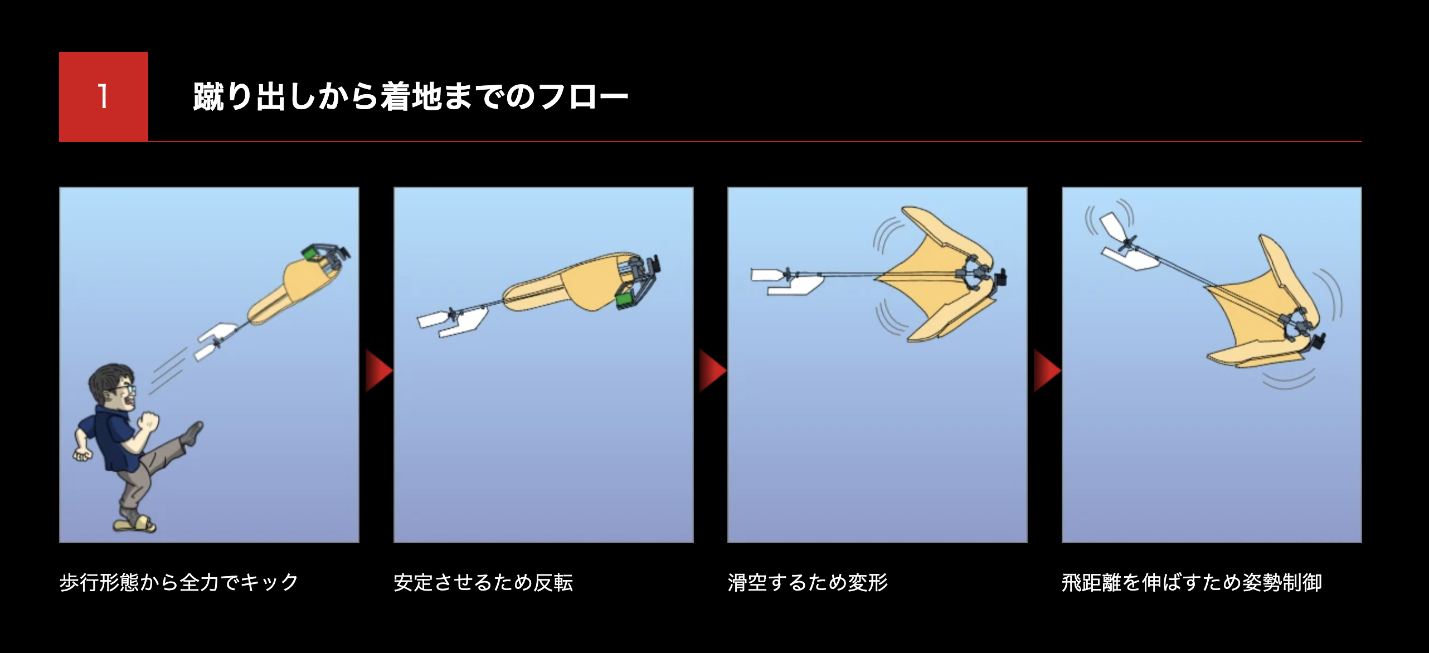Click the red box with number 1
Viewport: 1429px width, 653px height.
[x=104, y=96]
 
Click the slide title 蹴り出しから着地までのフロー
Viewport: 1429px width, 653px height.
[x=411, y=96]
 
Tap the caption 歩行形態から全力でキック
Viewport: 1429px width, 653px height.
[x=179, y=582]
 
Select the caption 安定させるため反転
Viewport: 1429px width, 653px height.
[x=483, y=582]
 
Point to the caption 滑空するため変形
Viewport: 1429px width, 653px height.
[x=808, y=582]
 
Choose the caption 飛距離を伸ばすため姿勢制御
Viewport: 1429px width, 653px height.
[x=1192, y=582]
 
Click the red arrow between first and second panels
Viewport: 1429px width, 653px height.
[x=378, y=371]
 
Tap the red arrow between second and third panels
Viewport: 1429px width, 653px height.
[x=713, y=371]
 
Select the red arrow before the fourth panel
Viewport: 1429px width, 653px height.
[x=1047, y=371]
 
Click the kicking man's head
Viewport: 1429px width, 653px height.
[x=113, y=387]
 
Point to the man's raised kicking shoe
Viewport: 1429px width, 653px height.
[x=193, y=433]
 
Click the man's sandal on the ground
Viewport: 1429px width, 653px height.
[x=135, y=524]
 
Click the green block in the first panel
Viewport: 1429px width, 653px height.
[x=310, y=254]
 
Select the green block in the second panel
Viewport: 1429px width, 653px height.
[x=626, y=300]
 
